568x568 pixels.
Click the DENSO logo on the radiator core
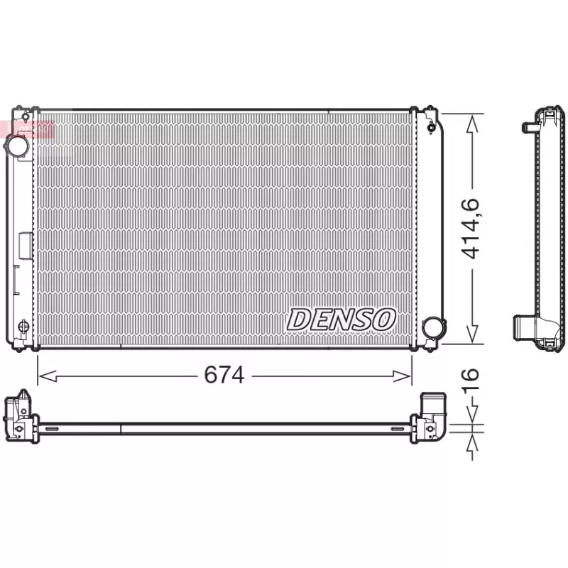pos(341,319)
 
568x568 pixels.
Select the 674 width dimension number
pos(224,375)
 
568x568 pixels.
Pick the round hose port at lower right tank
pos(431,328)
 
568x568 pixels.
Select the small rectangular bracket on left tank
pos(25,246)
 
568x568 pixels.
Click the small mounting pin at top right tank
pos(432,128)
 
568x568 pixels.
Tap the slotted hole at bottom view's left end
pos(51,429)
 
